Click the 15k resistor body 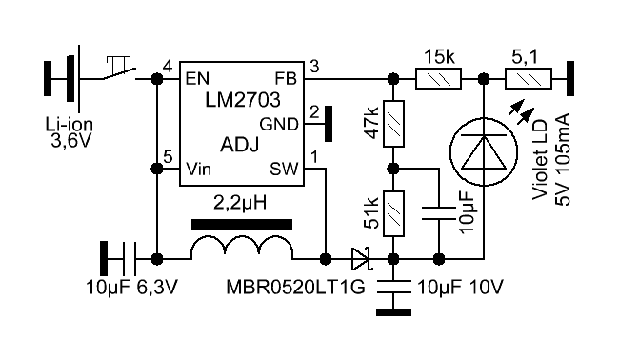point(438,79)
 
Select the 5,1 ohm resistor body point(529,79)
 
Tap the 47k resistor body point(393,124)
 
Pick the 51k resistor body point(393,213)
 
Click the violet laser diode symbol point(484,151)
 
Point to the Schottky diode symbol point(362,259)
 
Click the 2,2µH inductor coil point(242,248)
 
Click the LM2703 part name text point(243,100)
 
